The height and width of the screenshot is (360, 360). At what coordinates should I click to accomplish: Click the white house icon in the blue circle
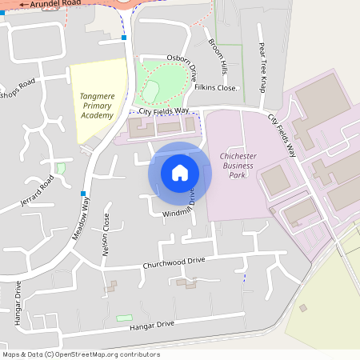pos(180,173)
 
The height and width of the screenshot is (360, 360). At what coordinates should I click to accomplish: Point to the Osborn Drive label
pos(182,63)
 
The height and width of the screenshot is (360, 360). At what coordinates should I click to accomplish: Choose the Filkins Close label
pos(217,87)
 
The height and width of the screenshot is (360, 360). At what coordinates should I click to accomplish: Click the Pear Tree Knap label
pos(262,67)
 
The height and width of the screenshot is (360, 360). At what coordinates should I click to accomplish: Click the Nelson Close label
pos(104,239)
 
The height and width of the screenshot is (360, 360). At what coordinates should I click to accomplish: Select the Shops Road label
pos(18,88)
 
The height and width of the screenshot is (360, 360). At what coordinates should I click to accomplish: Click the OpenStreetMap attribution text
pos(81,354)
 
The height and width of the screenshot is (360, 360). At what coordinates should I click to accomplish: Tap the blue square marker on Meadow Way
pos(83,194)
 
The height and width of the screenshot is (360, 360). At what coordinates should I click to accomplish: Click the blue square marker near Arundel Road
pos(124,38)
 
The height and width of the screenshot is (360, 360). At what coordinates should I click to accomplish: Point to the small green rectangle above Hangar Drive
pos(124,318)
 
